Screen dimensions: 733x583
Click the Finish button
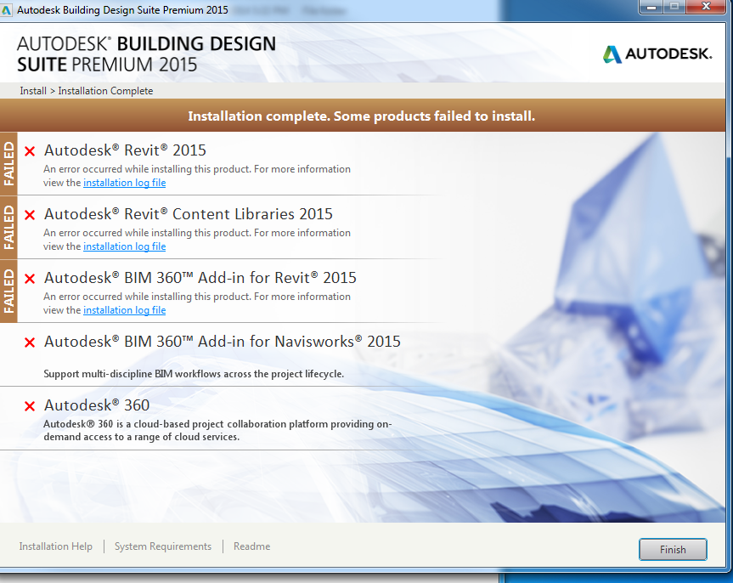click(673, 549)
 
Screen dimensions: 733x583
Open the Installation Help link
click(55, 546)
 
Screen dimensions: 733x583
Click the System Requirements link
click(163, 546)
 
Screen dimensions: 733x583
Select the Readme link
click(252, 546)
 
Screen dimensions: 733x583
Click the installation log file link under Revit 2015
click(124, 183)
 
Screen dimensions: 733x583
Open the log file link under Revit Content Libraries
click(124, 246)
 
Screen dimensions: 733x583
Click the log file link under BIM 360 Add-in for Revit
click(124, 309)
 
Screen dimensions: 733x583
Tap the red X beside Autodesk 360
click(30, 406)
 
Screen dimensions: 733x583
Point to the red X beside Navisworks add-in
click(30, 342)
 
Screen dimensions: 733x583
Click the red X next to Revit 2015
click(30, 151)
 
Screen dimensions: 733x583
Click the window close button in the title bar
click(707, 7)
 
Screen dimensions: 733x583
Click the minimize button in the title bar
click(652, 7)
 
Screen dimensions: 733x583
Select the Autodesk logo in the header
click(657, 54)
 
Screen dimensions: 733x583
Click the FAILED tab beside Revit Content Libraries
click(8, 228)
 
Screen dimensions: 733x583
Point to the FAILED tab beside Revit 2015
click(8, 164)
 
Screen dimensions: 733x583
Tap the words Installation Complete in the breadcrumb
click(105, 91)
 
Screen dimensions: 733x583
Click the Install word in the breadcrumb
click(33, 91)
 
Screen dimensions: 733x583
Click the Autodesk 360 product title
click(97, 405)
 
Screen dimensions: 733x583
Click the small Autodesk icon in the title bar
click(6, 10)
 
